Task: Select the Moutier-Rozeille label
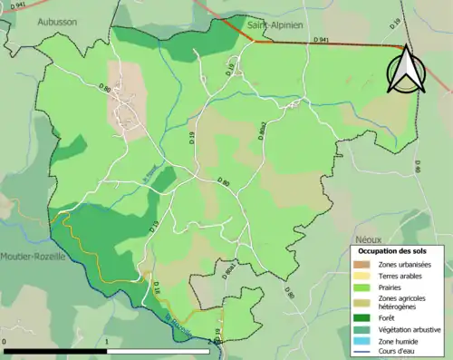click(33, 257)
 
